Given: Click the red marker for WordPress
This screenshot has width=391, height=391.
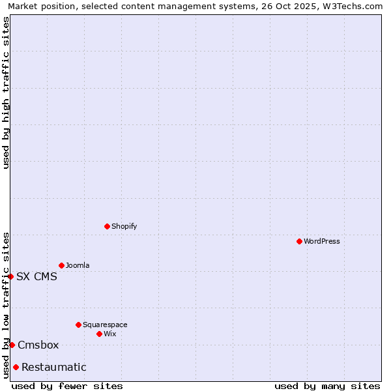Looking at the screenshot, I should (299, 241).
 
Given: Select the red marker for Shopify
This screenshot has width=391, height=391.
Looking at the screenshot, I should (107, 226).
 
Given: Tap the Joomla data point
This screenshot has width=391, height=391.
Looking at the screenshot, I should (61, 265).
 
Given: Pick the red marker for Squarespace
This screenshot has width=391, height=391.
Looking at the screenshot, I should (78, 325).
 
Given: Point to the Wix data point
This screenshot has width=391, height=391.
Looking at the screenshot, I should (99, 334).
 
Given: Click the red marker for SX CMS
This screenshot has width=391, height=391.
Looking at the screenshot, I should (10, 276).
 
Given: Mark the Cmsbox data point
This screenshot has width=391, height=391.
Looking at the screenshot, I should (12, 345).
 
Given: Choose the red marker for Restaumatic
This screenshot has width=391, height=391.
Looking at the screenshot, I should (16, 367).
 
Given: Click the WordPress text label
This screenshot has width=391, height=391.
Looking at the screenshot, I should (322, 241).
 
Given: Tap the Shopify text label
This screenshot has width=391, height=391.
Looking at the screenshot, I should (124, 226).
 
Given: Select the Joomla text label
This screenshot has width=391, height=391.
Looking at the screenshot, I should (78, 265).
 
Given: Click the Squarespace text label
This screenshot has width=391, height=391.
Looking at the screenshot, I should (105, 325).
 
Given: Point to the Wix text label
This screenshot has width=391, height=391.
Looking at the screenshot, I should (110, 334).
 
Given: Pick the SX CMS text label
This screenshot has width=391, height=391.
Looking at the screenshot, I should (36, 276).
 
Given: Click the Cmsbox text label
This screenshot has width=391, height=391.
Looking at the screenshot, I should (38, 345).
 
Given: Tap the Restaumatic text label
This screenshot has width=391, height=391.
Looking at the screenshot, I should (54, 367).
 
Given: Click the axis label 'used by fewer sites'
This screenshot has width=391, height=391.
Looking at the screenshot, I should (67, 386).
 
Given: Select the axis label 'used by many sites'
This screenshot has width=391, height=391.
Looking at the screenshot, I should (327, 386).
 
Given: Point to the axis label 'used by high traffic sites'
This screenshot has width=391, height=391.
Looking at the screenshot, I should (6, 93).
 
